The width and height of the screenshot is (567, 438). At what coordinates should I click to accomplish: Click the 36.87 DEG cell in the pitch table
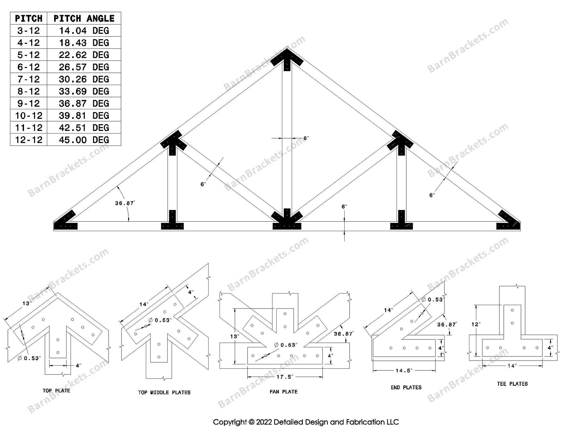(x=84, y=103)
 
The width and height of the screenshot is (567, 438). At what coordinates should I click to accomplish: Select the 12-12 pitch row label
(x=29, y=140)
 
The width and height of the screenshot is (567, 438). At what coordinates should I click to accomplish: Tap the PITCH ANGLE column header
(x=84, y=18)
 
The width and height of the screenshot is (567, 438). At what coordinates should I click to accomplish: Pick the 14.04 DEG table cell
(x=84, y=31)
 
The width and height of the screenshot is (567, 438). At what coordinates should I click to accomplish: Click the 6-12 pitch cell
(x=29, y=67)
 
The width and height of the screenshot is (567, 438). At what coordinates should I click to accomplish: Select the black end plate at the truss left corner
(x=66, y=222)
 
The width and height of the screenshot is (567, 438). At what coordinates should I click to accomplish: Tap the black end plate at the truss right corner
(x=508, y=222)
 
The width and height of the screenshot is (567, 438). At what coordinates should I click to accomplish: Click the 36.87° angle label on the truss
(x=125, y=203)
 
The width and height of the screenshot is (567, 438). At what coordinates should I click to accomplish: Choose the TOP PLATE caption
(x=56, y=391)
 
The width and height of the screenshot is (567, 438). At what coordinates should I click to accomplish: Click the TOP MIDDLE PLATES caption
(x=164, y=392)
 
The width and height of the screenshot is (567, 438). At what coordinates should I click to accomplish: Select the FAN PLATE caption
(x=283, y=392)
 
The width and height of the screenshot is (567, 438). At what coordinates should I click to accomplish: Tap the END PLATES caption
(x=406, y=387)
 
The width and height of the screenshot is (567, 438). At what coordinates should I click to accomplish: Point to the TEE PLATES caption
(x=512, y=384)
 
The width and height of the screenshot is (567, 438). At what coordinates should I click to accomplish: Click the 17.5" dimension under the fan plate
(x=284, y=377)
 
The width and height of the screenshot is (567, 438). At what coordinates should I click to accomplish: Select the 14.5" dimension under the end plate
(x=404, y=371)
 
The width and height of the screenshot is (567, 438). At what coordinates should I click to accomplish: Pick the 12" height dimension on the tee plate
(x=476, y=324)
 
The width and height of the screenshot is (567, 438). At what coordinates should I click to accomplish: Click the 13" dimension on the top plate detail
(x=27, y=303)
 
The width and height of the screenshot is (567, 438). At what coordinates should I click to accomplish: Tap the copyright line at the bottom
(x=306, y=422)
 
